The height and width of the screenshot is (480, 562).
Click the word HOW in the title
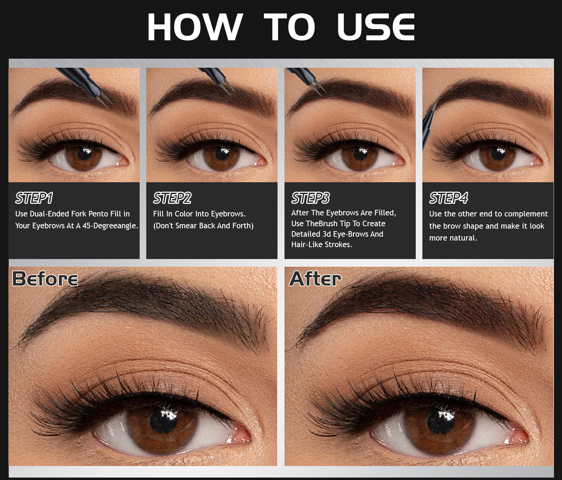195,27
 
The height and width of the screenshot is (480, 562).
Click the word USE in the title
376,27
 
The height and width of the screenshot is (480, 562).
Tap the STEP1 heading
34,198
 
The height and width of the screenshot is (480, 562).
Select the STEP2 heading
172,198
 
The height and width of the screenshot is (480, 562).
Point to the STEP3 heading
311,198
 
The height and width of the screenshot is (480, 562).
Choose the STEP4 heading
449,198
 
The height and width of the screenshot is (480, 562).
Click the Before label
45,279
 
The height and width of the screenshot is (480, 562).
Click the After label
316,279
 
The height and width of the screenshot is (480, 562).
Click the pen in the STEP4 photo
429,124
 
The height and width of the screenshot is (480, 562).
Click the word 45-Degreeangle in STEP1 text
110,226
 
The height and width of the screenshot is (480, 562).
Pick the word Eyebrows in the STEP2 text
228,214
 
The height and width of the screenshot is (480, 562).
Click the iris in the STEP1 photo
84,156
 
